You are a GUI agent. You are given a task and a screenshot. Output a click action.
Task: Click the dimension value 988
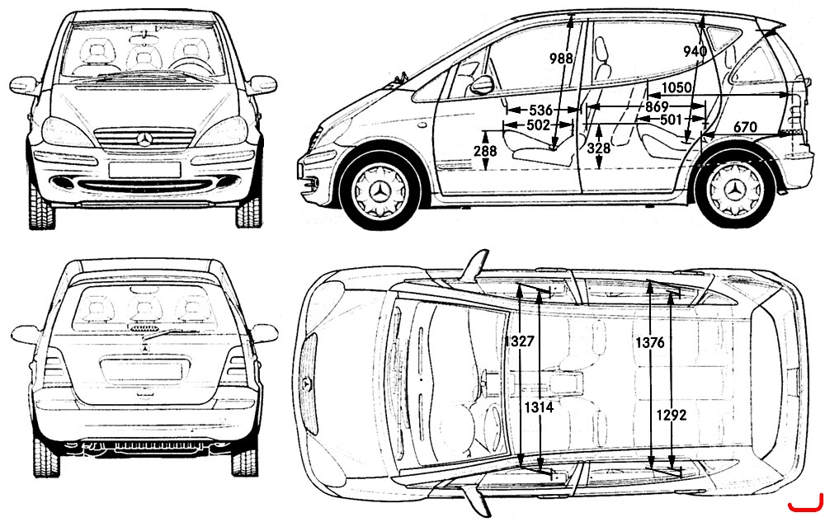[561, 57]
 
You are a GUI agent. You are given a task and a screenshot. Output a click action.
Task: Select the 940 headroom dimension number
[695, 51]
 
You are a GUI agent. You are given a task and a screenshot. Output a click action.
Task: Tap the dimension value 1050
[676, 87]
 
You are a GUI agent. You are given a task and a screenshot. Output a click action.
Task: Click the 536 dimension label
[540, 111]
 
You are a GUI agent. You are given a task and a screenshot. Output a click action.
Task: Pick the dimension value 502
[538, 125]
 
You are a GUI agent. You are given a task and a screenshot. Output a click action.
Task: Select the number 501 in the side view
[671, 120]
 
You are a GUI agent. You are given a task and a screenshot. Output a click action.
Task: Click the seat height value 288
[485, 152]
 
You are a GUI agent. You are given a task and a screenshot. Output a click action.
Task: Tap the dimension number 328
[599, 148]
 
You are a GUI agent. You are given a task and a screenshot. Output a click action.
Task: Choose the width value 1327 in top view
[519, 341]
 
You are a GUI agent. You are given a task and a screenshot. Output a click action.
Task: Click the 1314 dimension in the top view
[539, 407]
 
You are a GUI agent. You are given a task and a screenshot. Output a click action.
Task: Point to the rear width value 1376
[650, 343]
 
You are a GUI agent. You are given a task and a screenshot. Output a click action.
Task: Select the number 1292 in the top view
[672, 416]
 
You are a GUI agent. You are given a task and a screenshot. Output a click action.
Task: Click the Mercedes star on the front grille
[144, 139]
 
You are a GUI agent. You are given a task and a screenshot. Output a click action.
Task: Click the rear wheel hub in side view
[734, 190]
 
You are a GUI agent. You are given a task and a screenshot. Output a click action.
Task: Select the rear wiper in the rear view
[164, 334]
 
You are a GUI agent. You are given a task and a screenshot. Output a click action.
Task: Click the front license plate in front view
[144, 169]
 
